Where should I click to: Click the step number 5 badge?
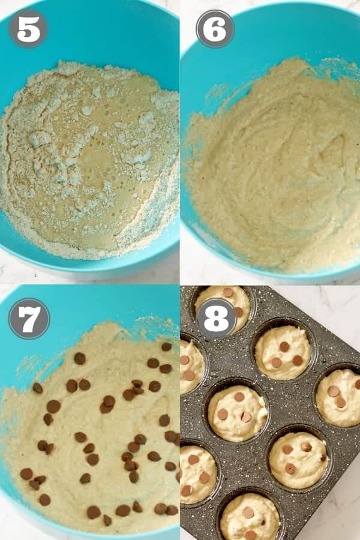(28, 28)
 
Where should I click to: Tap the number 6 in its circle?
(215, 28)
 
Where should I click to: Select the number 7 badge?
(29, 319)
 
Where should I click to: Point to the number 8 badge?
(216, 318)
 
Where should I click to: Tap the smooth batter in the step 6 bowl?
(276, 180)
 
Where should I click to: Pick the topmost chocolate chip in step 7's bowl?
(166, 346)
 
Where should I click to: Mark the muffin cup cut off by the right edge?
(340, 396)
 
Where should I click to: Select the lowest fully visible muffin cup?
(298, 460)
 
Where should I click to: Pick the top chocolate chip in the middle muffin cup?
(239, 397)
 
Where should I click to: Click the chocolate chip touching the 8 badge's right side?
(238, 312)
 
